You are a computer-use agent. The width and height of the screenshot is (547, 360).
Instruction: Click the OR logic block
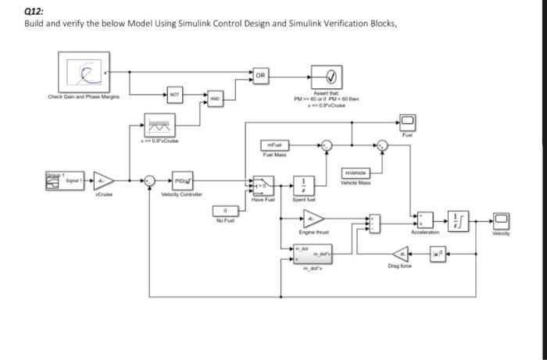tap(262, 76)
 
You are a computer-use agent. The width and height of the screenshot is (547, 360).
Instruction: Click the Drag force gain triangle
tap(401, 254)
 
